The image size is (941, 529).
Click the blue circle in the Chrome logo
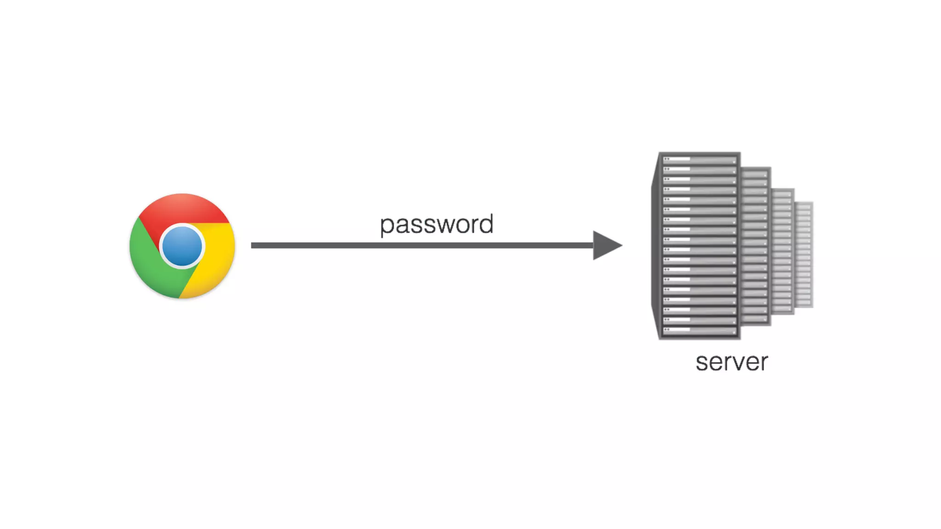[182, 246]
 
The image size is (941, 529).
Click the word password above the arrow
[436, 225]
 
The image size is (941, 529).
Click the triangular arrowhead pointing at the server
[606, 245]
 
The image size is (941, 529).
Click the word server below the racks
[731, 362]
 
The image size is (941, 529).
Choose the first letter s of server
[702, 363]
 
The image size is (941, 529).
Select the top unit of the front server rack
[699, 160]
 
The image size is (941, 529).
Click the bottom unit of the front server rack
[699, 330]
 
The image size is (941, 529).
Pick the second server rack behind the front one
[755, 246]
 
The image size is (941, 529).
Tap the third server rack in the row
[783, 250]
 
